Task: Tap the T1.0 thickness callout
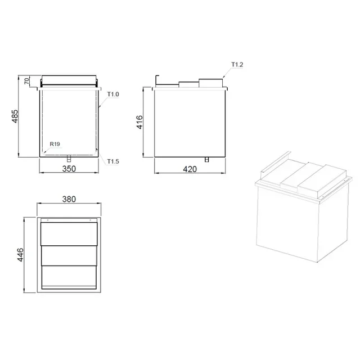click(x=113, y=94)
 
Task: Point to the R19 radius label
click(x=55, y=145)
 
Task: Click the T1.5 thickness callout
click(x=113, y=162)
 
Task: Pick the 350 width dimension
click(x=69, y=169)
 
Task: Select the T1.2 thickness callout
click(x=237, y=65)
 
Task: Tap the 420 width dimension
click(x=191, y=169)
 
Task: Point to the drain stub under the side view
click(x=206, y=159)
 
